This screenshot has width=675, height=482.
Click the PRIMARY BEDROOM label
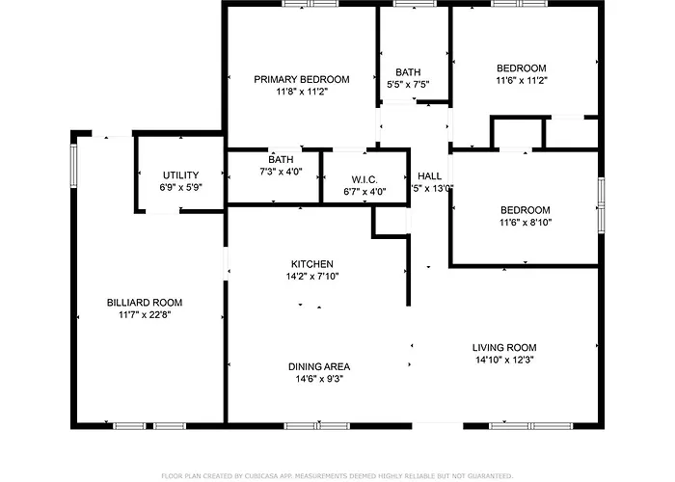click(302, 79)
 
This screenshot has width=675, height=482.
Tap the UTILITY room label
click(180, 174)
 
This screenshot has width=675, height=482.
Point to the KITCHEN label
click(312, 263)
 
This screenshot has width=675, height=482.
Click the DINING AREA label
click(318, 366)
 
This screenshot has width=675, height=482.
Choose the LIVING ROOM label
click(503, 347)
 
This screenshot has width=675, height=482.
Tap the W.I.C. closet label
click(364, 179)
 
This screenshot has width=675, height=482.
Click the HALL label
click(429, 175)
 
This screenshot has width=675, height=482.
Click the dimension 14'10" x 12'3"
click(503, 360)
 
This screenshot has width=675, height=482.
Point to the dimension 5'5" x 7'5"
click(407, 84)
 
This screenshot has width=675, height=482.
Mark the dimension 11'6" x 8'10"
click(525, 223)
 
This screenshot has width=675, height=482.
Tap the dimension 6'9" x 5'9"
click(180, 187)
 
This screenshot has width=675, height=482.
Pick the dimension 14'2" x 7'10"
click(312, 276)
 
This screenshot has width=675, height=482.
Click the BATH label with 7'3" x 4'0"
click(281, 159)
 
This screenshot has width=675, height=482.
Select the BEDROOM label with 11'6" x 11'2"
click(521, 67)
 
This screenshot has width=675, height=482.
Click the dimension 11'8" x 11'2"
click(302, 92)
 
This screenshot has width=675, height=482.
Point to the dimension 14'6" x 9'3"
click(318, 379)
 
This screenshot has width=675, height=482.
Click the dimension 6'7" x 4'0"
click(364, 192)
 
